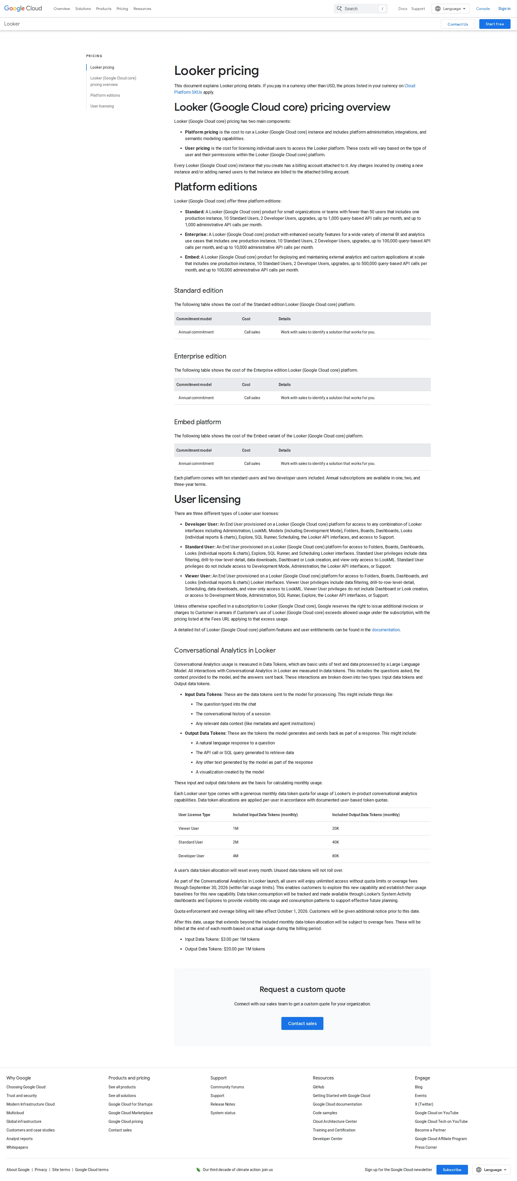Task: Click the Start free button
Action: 495,24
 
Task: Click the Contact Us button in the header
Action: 457,24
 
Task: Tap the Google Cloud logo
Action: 23,8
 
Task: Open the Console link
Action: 483,9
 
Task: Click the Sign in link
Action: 504,9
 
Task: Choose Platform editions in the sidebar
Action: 105,95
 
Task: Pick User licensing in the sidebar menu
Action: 102,106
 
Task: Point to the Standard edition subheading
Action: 198,291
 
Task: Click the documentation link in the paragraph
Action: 385,630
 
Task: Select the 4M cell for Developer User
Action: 236,856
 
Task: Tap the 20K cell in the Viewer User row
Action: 336,828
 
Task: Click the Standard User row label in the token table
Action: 191,842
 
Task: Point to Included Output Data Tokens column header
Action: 366,815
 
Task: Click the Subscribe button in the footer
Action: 452,1169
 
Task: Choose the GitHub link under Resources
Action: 318,1087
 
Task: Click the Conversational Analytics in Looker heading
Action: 225,650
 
